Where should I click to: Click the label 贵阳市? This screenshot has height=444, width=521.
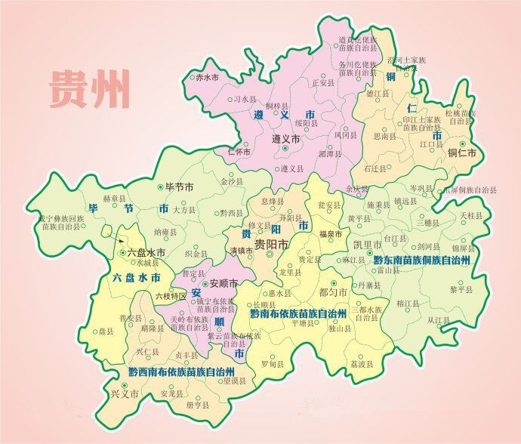[271, 245]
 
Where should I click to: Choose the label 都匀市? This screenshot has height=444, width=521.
[333, 291]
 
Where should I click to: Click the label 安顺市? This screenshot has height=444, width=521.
[223, 284]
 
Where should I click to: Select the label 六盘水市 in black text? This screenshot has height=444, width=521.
[146, 254]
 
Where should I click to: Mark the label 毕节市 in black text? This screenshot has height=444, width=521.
[180, 187]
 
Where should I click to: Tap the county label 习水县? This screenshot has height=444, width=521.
[245, 99]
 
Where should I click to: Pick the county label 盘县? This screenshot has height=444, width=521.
[106, 331]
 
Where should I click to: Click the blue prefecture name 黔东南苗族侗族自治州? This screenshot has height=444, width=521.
[422, 260]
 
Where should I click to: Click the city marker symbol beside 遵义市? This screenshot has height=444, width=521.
[285, 149]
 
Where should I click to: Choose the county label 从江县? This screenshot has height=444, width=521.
[438, 320]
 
